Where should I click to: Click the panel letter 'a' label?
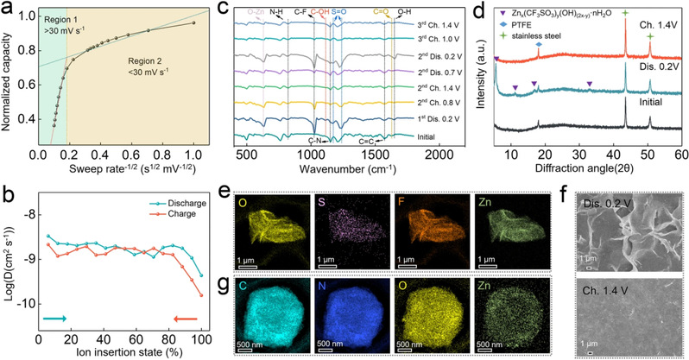(9, 9)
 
